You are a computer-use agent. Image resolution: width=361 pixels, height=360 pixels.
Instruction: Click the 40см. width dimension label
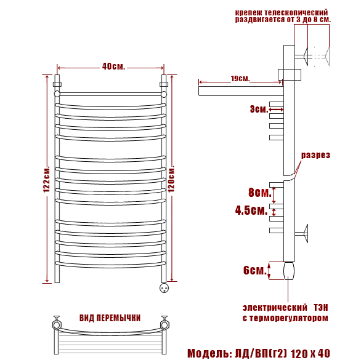[113, 66]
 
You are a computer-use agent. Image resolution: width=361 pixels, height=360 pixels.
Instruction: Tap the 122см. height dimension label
[47, 179]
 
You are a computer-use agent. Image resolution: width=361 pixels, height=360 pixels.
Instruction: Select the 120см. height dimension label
[171, 178]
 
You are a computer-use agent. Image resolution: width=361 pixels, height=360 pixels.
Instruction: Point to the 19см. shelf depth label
[240, 78]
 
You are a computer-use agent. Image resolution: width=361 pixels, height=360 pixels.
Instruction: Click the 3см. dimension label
[259, 109]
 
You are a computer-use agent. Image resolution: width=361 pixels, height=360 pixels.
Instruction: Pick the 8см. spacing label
[260, 192]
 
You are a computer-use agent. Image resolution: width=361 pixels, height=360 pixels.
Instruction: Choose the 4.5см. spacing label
[251, 210]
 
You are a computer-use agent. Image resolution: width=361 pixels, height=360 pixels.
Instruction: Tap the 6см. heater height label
[254, 270]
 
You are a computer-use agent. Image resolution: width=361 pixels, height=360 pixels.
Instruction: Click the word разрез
[315, 155]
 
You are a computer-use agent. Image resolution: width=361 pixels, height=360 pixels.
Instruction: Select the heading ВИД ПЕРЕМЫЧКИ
[110, 318]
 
